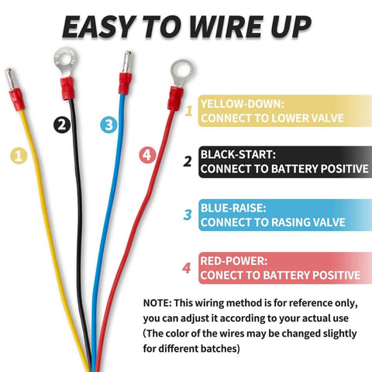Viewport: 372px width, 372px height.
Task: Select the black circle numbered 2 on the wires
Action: pyautogui.click(x=63, y=124)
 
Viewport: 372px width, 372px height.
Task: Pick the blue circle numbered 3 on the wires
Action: pyautogui.click(x=108, y=124)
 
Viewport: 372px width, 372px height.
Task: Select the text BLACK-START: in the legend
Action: pyautogui.click(x=237, y=153)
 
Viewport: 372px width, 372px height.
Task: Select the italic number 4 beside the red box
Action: pyautogui.click(x=186, y=268)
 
